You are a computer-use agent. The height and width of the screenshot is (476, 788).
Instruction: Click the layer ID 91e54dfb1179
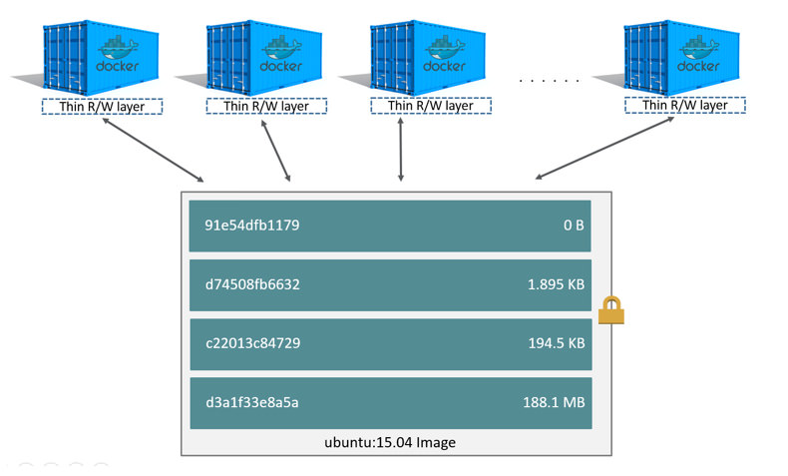(251, 225)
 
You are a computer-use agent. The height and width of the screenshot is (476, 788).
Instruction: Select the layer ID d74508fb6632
(252, 284)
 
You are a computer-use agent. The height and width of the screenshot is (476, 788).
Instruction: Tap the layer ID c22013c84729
(252, 343)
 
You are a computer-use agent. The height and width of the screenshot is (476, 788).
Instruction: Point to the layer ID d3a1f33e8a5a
(251, 402)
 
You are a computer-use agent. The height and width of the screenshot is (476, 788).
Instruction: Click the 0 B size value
(574, 226)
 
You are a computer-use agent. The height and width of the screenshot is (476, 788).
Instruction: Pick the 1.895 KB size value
(556, 284)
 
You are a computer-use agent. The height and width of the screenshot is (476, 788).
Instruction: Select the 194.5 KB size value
(557, 343)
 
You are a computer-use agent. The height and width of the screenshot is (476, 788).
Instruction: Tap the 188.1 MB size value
(554, 402)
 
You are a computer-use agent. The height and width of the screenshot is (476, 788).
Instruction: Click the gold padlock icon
(611, 310)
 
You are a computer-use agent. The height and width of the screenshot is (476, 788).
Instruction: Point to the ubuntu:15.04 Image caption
(390, 442)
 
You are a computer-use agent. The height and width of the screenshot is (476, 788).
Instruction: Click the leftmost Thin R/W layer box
(102, 107)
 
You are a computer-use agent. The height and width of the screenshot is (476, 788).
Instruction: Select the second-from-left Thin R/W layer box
(266, 106)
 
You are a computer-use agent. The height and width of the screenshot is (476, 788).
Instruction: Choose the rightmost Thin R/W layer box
(685, 105)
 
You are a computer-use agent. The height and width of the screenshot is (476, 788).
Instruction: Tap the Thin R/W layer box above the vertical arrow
(431, 106)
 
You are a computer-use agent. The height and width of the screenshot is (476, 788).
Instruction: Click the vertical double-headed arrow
(401, 150)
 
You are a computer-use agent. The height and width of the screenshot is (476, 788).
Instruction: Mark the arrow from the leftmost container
(154, 150)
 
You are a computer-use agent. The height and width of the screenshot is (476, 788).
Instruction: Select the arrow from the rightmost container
(604, 148)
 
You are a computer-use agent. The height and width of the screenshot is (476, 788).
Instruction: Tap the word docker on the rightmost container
(698, 66)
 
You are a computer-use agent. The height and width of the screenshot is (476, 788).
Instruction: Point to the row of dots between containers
(550, 81)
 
